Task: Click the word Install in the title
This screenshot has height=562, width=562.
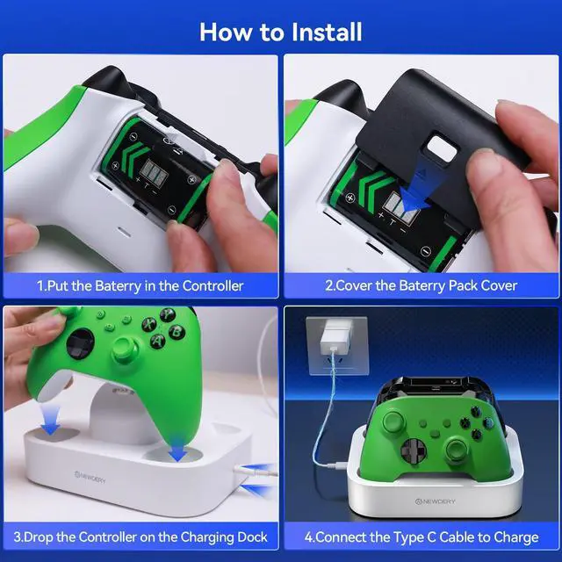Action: [327, 32]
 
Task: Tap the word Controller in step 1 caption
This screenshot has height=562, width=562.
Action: [213, 286]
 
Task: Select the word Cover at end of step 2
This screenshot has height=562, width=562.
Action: [499, 285]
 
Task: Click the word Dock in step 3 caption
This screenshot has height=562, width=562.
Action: [252, 537]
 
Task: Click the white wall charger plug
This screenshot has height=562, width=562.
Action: [336, 337]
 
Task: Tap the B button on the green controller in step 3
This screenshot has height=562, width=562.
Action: [177, 332]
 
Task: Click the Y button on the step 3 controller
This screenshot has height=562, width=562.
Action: [167, 314]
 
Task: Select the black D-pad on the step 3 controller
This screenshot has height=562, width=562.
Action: [81, 343]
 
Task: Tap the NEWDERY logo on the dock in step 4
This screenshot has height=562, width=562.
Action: [436, 501]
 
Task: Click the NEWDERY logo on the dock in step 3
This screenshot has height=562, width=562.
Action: [90, 477]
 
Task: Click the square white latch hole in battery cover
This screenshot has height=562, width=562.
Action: [442, 148]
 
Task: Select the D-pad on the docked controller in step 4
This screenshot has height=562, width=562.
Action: [414, 450]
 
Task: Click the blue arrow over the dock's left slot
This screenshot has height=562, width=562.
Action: [50, 419]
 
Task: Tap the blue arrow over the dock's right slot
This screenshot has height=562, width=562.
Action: [177, 447]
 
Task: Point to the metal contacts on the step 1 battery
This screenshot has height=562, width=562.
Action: [154, 171]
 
